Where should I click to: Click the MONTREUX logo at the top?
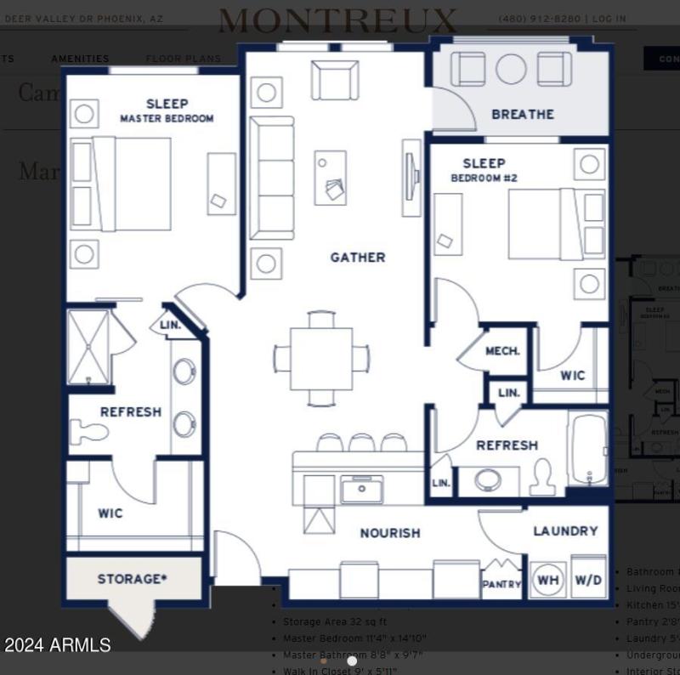pos(338,20)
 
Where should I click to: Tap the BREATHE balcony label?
pos(522,114)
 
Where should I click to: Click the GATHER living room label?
pos(357,257)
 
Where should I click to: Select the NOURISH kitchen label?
pos(389,533)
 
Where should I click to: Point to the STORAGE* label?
pos(132,579)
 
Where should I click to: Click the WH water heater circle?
pos(548,581)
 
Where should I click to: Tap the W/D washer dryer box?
pos(587,581)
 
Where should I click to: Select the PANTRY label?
pos(501,585)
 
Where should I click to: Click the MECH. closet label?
pos(501,351)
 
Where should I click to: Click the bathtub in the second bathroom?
pos(588,448)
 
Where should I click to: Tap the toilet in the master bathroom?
pos(88,433)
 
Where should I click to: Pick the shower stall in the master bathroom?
pos(88,347)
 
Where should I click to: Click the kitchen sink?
pos(361,490)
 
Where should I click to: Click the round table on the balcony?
pos(511,69)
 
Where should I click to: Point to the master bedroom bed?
pos(132,184)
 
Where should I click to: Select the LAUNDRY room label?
pos(565,530)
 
